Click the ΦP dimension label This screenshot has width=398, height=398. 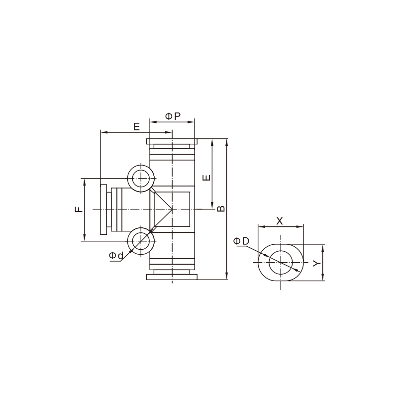[173, 116]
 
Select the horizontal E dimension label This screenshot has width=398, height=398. [136, 126]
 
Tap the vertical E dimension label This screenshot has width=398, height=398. [207, 177]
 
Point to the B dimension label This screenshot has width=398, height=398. [221, 208]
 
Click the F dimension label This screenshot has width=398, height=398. [79, 209]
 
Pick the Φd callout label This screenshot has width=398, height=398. [116, 256]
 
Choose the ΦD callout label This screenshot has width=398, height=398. [241, 241]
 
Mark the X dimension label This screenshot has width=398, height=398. [279, 221]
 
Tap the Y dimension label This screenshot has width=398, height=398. [316, 263]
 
